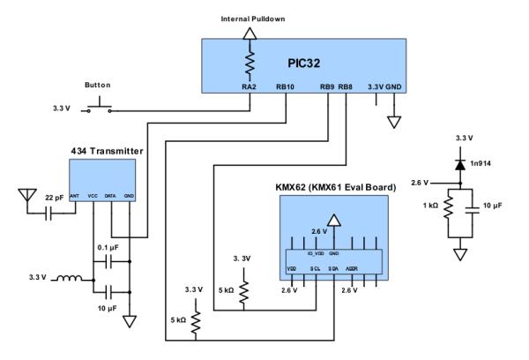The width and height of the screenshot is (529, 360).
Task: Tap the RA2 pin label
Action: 250,86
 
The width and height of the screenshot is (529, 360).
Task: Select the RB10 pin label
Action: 285,86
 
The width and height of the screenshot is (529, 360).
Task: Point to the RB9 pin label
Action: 327,86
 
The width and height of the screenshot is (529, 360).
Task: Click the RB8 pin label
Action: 346,86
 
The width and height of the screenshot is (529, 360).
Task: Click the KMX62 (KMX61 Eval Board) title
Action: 332,188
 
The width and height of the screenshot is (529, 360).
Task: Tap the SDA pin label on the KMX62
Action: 334,267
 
